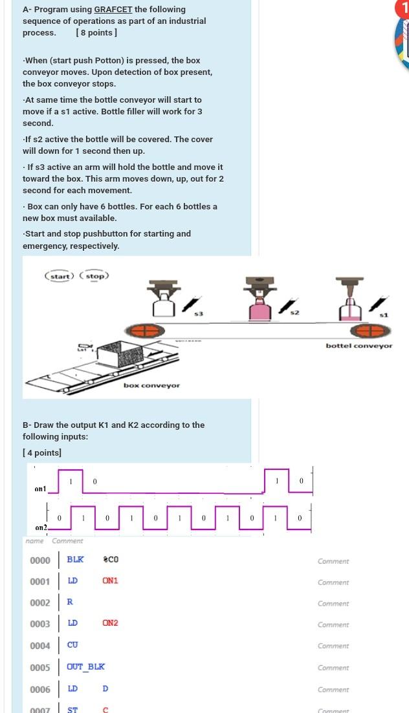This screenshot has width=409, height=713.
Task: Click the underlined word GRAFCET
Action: point(113,10)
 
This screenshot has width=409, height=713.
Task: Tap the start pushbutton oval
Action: point(60,276)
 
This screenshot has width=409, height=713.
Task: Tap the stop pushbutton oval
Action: point(94,276)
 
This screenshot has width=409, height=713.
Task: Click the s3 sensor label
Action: point(199,314)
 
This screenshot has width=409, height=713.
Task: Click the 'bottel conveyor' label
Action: point(359,346)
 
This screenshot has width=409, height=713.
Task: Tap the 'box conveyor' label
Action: point(151,385)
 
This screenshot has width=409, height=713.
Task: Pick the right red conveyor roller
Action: point(370,330)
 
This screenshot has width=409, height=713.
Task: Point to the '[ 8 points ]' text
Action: point(96,33)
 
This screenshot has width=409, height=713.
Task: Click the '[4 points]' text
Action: point(42,452)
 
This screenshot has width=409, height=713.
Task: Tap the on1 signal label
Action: point(41,489)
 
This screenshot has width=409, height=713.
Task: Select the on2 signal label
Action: point(41,527)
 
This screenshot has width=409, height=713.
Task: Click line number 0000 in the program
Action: point(40,560)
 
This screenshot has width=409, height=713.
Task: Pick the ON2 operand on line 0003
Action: point(110,623)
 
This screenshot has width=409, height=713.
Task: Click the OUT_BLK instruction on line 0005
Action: point(86,666)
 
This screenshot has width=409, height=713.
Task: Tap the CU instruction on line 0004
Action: point(72,645)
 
